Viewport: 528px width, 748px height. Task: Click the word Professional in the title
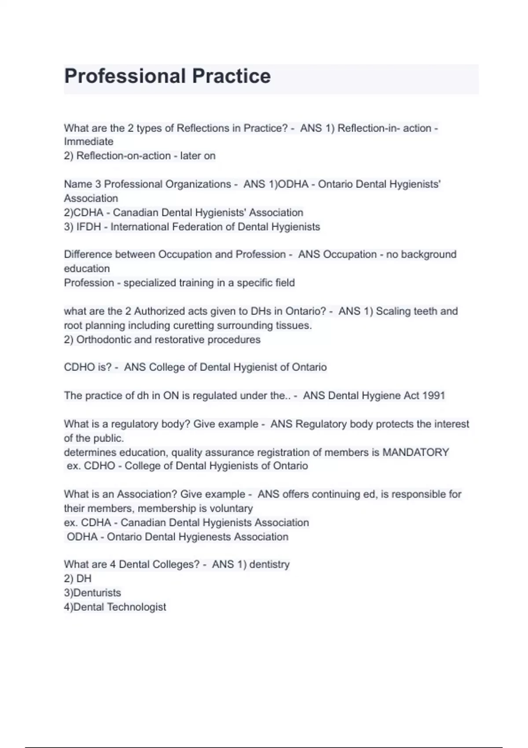(x=125, y=76)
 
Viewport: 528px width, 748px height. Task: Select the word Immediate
(x=88, y=142)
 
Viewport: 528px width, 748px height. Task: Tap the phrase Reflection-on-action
(x=124, y=156)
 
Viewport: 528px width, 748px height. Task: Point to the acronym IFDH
(x=88, y=227)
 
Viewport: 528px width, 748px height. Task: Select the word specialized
(x=150, y=283)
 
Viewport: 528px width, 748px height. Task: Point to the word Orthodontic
(x=103, y=340)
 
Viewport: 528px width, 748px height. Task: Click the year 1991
(x=433, y=396)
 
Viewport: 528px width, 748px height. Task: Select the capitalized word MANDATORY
(x=415, y=452)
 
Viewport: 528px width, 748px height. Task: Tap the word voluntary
(x=231, y=509)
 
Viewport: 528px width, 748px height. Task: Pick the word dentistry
(x=269, y=565)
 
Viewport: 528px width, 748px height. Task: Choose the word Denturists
(x=97, y=593)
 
